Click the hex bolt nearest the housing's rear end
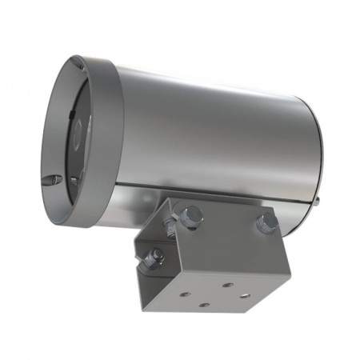click(267, 221)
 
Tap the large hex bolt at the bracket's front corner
click(190, 215)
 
